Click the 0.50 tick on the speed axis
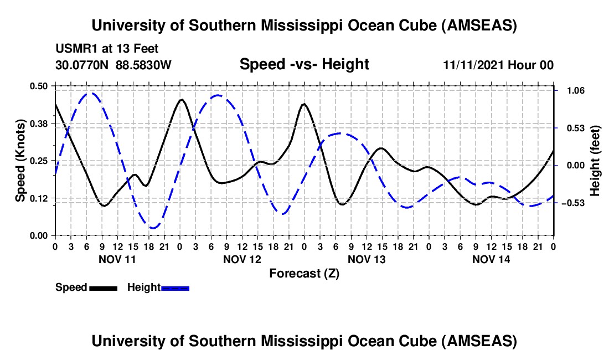pos(39,86)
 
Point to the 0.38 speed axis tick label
pos(39,123)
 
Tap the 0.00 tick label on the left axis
pos(39,235)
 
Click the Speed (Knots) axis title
pos(20,160)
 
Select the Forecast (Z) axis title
pos(304,273)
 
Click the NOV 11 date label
pos(117,259)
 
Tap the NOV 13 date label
pos(367,259)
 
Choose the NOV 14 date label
pos(491,259)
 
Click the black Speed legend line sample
pos(103,288)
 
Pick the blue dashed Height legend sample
pos(175,288)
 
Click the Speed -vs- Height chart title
pos(304,65)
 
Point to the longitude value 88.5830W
pos(143,65)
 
